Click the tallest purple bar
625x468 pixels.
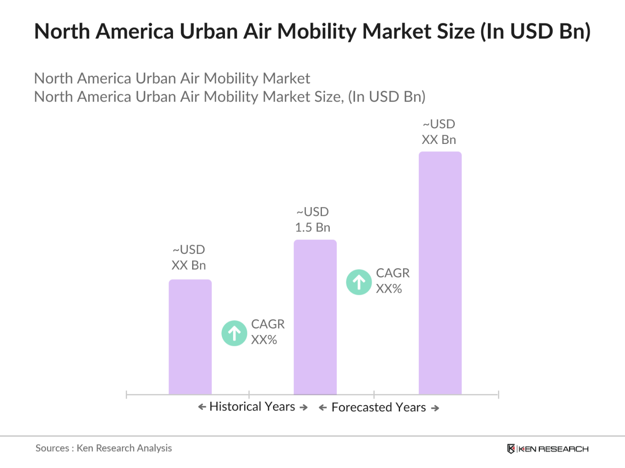440,273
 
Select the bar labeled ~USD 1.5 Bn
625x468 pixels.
315,317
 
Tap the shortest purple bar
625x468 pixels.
190,337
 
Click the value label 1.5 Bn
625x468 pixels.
312,228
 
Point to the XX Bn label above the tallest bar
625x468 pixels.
439,140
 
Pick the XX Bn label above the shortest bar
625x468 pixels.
188,265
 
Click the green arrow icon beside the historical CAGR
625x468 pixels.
235,333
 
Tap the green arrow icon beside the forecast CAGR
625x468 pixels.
359,282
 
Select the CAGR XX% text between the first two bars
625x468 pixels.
267,332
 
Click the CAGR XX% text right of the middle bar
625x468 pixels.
392,281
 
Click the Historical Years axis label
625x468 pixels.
252,407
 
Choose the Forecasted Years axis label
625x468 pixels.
378,407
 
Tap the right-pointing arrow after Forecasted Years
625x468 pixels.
435,408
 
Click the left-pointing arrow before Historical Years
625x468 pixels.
202,407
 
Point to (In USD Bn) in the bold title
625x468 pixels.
535,31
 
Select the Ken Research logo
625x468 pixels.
548,449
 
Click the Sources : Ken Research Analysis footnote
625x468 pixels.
104,448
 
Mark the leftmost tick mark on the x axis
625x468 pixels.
126,395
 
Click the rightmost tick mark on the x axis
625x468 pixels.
498,395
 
